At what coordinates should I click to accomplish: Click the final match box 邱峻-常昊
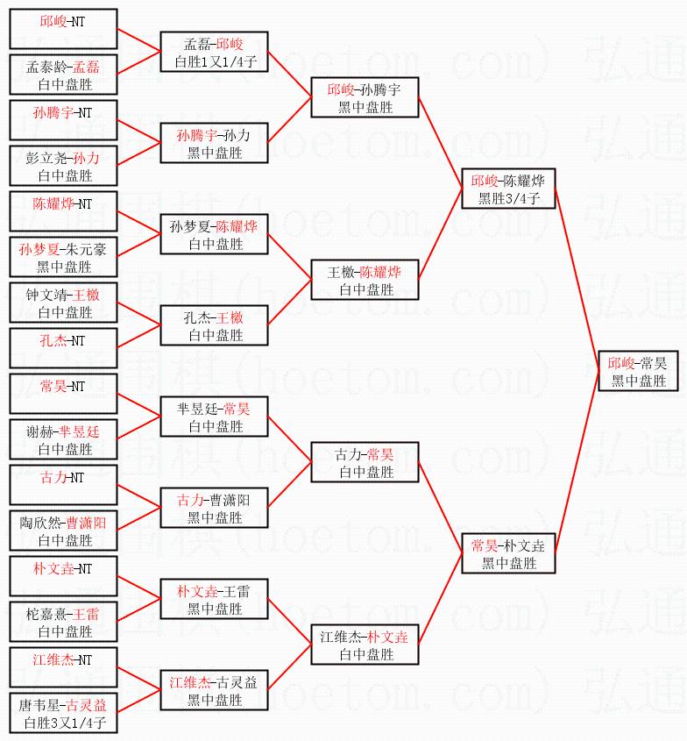(x=638, y=372)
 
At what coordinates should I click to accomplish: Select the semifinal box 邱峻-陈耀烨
(x=507, y=189)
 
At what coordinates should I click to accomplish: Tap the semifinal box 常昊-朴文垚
(x=507, y=554)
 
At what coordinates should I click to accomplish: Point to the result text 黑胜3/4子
(x=508, y=198)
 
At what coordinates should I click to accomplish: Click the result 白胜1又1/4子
(x=214, y=61)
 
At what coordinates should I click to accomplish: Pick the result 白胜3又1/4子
(x=63, y=723)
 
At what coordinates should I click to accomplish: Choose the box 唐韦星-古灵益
(x=63, y=714)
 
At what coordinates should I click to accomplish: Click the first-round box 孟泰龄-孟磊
(x=63, y=75)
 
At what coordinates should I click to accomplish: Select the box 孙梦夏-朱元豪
(x=63, y=258)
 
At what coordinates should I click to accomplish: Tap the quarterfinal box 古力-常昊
(x=365, y=463)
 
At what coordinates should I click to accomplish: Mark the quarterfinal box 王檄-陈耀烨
(x=365, y=281)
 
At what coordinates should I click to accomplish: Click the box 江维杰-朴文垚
(x=365, y=645)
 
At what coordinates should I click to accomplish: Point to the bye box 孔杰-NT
(x=63, y=349)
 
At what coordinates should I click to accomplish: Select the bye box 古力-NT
(x=63, y=486)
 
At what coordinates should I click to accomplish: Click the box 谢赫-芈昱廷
(x=63, y=440)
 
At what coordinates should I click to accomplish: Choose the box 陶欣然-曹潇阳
(x=63, y=531)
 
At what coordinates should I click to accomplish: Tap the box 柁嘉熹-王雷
(x=63, y=623)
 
